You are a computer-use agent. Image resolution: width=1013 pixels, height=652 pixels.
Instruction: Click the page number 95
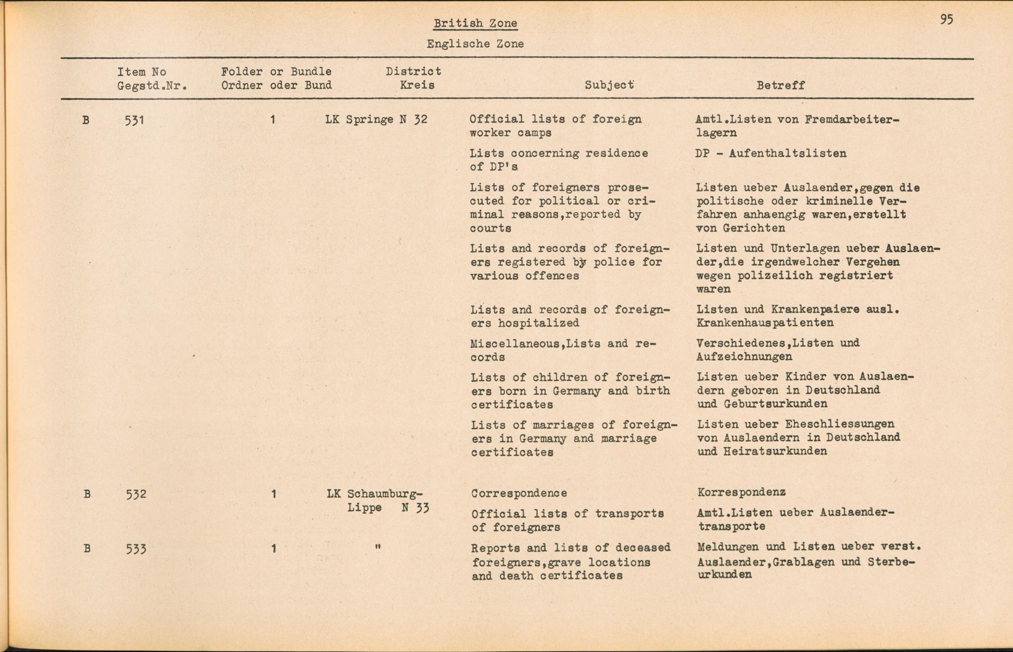tap(947, 20)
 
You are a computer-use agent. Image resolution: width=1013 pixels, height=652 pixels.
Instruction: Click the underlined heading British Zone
tap(475, 23)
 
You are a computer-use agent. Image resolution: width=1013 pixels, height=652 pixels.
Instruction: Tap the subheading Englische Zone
tap(475, 44)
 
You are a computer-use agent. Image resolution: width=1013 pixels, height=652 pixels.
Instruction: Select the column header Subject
tap(609, 85)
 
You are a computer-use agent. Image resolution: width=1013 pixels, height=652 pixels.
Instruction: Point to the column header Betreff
tap(781, 86)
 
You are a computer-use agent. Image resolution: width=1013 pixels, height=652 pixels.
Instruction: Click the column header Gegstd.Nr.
tap(152, 86)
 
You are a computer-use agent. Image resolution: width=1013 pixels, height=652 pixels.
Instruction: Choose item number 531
tap(134, 121)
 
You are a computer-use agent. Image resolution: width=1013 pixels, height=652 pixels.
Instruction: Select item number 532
tap(136, 494)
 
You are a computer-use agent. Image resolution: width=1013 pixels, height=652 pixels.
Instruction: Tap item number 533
tap(136, 549)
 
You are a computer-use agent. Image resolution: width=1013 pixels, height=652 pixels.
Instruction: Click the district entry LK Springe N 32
tap(376, 120)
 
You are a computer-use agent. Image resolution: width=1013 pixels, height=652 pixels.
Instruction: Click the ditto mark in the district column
tap(377, 547)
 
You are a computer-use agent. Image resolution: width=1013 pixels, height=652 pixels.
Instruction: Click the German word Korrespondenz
tap(741, 492)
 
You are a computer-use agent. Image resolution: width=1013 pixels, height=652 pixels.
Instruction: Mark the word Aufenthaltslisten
tap(787, 154)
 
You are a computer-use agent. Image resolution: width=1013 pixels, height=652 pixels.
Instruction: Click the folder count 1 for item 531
tap(272, 120)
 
